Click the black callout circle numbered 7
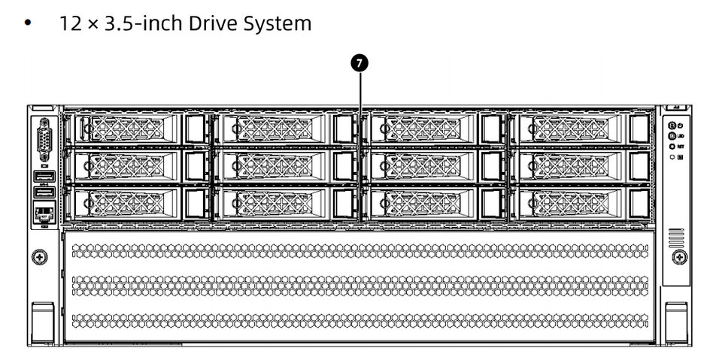pos(361,64)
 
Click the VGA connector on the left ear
pos(44,139)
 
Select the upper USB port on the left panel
pos(44,177)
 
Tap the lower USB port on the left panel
pos(44,193)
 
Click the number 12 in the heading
pos(68,24)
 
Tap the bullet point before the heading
pos(29,24)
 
